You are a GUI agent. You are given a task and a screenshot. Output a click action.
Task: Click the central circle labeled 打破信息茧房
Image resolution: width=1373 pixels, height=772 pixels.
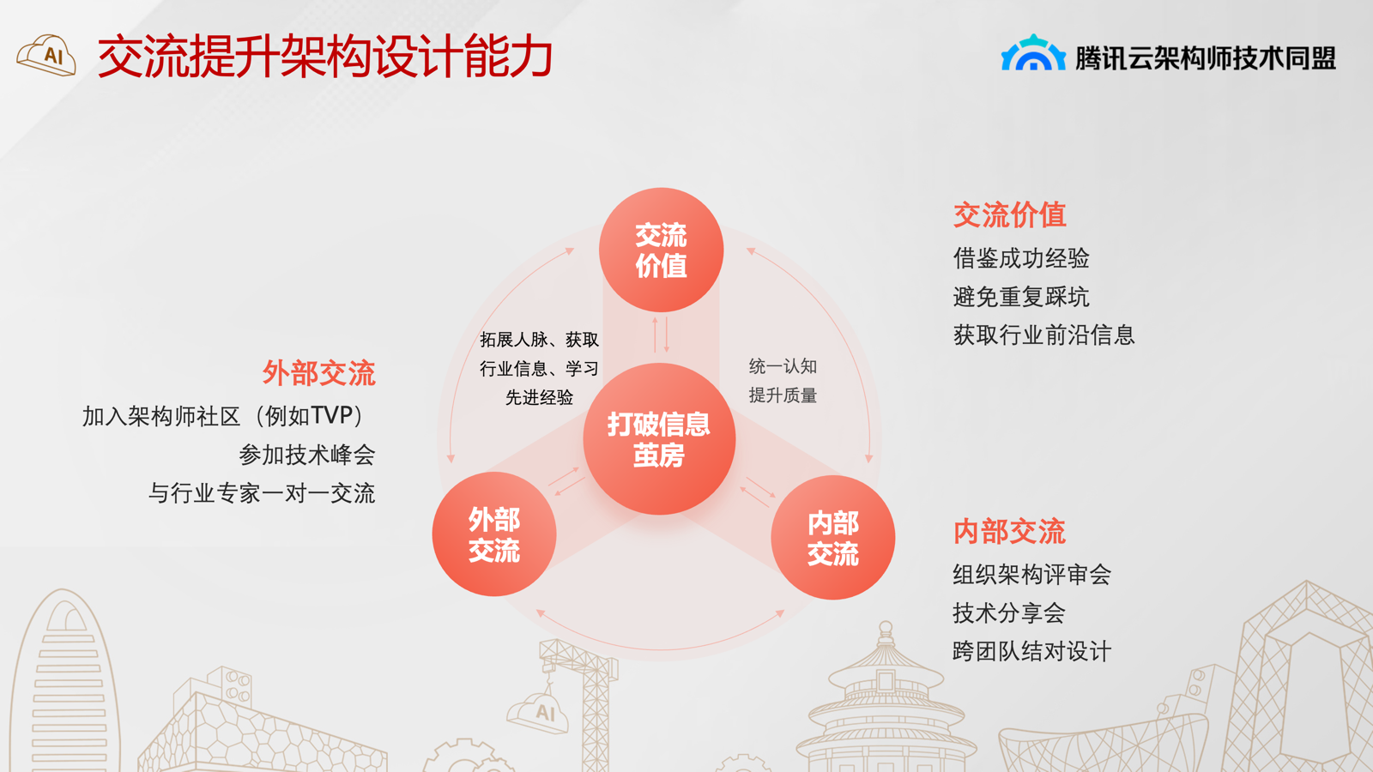click(x=659, y=438)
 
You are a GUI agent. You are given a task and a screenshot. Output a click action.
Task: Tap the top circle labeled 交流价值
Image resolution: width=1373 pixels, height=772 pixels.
click(x=661, y=250)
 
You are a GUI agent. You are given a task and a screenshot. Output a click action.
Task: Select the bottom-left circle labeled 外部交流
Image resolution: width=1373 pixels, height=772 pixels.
click(x=494, y=534)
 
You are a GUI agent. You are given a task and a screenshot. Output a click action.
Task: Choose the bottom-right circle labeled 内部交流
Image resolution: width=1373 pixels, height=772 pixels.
click(x=832, y=537)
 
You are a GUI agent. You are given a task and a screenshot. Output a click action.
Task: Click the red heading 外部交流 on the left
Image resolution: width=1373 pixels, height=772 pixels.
click(x=318, y=373)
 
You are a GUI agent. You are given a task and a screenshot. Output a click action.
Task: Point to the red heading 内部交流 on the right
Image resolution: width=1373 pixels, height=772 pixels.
click(x=1009, y=531)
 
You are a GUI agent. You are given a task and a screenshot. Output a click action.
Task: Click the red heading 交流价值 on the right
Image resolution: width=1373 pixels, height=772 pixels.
click(x=1009, y=215)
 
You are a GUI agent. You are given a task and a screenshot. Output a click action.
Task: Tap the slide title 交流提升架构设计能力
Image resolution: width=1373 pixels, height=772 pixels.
click(x=325, y=57)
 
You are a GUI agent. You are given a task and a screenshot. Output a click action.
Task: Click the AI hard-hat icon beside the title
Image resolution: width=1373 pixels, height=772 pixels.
click(x=46, y=55)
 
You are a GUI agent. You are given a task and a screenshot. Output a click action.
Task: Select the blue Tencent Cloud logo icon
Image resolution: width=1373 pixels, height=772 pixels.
click(x=1033, y=52)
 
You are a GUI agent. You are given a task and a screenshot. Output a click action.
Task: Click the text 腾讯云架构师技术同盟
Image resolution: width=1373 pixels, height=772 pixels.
click(x=1206, y=58)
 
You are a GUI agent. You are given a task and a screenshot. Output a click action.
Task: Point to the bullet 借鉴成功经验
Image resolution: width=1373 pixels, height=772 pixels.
click(x=1021, y=258)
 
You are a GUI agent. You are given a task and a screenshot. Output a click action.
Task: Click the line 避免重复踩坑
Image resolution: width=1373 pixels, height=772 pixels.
click(x=1021, y=297)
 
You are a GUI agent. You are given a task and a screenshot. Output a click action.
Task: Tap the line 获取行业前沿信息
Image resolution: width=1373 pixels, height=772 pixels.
click(x=1043, y=335)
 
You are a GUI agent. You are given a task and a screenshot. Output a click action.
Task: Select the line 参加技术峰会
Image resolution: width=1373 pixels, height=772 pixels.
click(x=306, y=455)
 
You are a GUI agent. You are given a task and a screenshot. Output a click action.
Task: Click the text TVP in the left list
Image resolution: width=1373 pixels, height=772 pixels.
click(x=331, y=416)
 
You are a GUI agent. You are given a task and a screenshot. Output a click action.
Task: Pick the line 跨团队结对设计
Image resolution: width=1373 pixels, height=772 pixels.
click(x=1032, y=651)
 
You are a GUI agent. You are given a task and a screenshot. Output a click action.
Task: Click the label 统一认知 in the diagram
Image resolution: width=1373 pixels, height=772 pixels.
click(x=783, y=366)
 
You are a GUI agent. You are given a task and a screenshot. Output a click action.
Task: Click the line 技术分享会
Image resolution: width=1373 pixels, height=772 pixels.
click(x=1009, y=613)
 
